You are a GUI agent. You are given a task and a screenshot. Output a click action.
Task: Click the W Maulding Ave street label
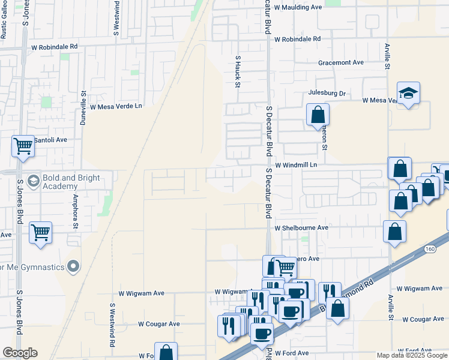point(298,7)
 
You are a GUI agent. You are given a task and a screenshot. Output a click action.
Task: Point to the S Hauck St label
point(238,72)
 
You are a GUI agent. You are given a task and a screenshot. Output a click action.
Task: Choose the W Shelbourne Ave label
point(301,228)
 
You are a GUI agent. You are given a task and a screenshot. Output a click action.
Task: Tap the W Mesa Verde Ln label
point(116,106)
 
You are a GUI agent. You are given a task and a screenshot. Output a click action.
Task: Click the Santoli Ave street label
point(50,140)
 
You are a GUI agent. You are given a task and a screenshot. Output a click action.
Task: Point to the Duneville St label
point(83,107)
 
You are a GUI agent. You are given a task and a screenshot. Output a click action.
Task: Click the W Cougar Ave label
point(159,324)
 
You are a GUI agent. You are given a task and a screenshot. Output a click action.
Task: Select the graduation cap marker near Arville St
point(408,93)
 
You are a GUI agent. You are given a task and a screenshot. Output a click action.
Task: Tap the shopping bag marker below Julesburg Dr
point(318,114)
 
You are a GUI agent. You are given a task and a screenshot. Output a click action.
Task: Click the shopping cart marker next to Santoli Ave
point(23,145)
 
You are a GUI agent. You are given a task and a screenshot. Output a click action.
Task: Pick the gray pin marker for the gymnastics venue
point(73,265)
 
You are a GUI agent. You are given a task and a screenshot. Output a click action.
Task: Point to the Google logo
point(20,353)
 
